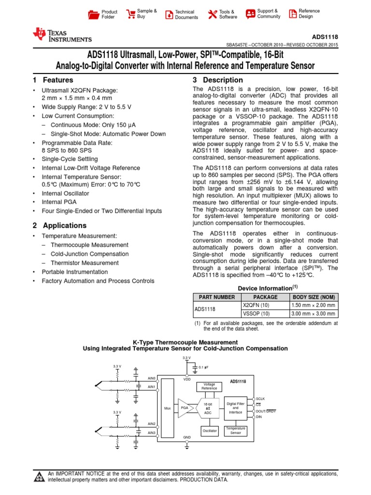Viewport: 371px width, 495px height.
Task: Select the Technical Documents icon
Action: pyautogui.click(x=169, y=14)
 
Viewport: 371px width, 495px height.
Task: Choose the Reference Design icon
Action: pyautogui.click(x=292, y=14)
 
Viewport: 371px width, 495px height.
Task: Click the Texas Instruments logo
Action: pyautogui.click(x=62, y=35)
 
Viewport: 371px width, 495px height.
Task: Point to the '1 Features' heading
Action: pyautogui.click(x=53, y=80)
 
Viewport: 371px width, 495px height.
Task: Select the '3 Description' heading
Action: pyautogui.click(x=217, y=80)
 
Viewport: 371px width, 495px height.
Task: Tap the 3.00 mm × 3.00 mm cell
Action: pyautogui.click(x=313, y=314)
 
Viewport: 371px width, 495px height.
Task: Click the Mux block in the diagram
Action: pyautogui.click(x=168, y=408)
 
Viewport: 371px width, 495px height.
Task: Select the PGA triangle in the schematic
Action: pyautogui.click(x=185, y=408)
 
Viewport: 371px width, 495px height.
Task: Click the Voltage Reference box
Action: pyautogui.click(x=209, y=386)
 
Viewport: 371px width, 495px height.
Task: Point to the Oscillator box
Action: pyautogui.click(x=209, y=430)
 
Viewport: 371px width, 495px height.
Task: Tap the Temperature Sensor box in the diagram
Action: pyautogui.click(x=236, y=430)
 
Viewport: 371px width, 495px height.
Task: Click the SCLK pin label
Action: pyautogui.click(x=260, y=399)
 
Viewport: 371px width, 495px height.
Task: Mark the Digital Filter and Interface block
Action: pyautogui.click(x=236, y=408)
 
